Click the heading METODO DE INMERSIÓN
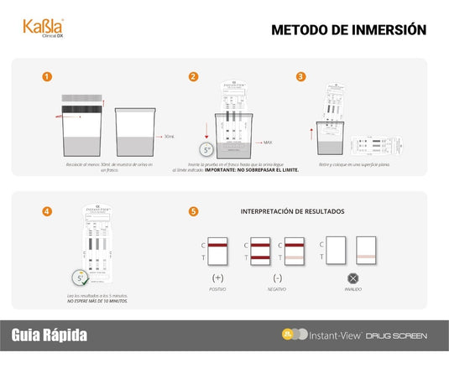click(x=348, y=30)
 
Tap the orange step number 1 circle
click(x=47, y=76)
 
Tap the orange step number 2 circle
click(x=194, y=76)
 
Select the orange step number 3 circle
click(x=301, y=76)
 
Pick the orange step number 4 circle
click(x=47, y=210)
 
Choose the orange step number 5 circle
click(x=194, y=210)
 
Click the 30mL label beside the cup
click(x=169, y=136)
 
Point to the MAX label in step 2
click(x=268, y=143)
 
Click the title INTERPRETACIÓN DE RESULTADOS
click(x=292, y=211)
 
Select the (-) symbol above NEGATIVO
click(x=277, y=277)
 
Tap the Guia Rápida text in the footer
click(x=49, y=335)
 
